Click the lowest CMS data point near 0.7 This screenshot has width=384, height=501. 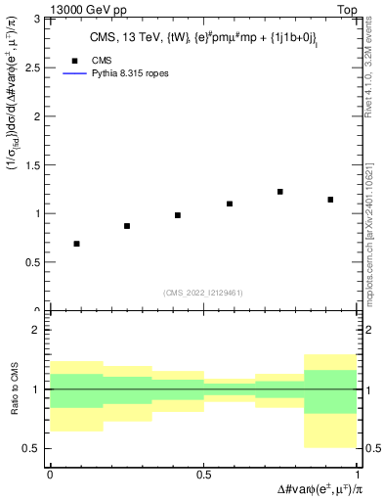point(76,244)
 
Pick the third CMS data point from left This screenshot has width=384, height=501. point(178,215)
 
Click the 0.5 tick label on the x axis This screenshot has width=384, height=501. point(203,474)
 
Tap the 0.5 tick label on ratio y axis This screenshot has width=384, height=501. point(33,448)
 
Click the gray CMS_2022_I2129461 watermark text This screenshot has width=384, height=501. point(203,292)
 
